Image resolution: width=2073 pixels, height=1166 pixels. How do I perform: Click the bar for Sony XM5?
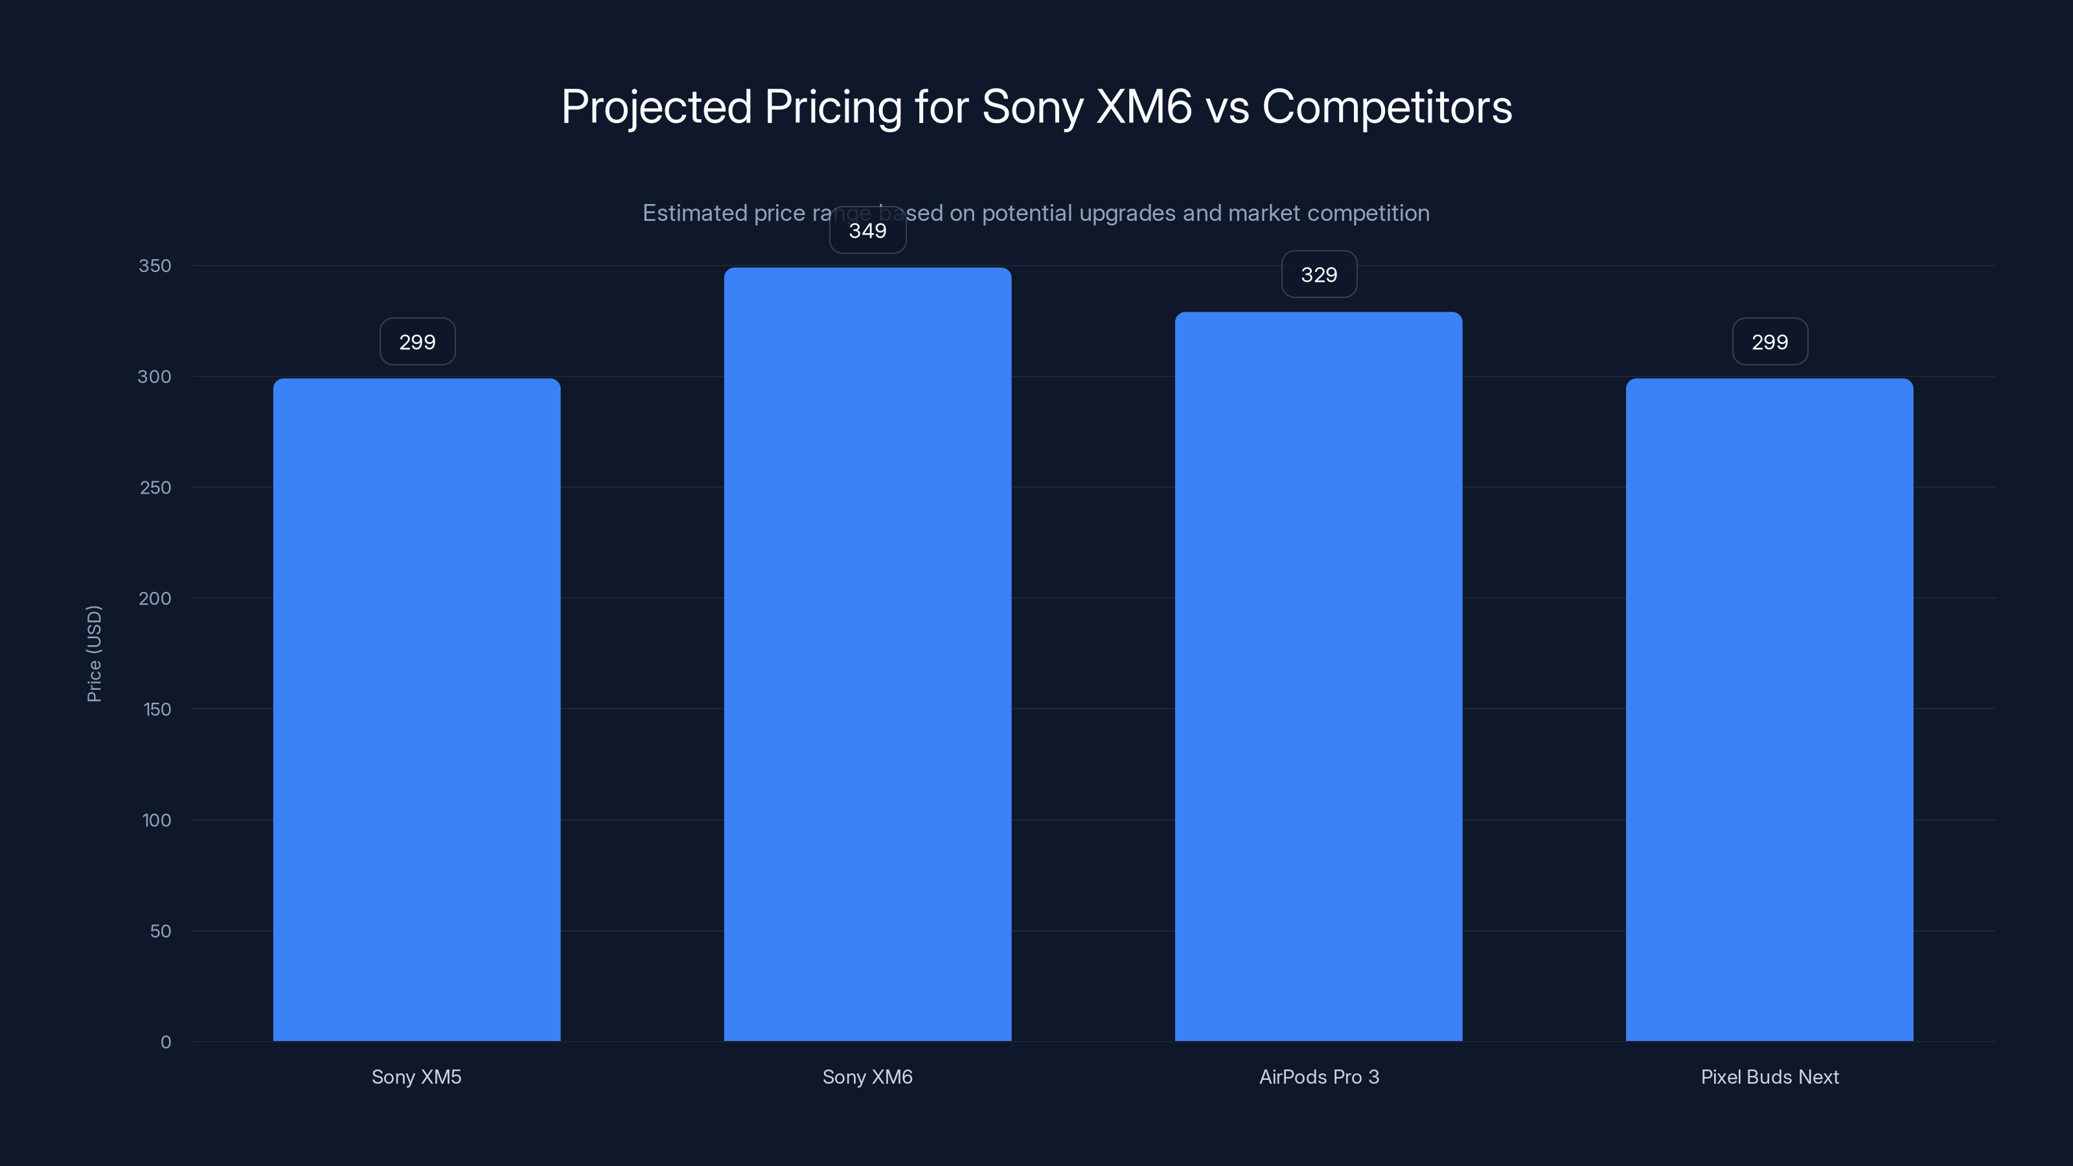click(x=417, y=708)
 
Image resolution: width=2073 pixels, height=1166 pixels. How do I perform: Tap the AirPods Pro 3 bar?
click(x=1318, y=676)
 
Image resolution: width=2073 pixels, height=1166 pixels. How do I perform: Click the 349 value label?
click(x=867, y=231)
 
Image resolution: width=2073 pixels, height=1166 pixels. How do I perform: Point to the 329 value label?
click(x=1319, y=275)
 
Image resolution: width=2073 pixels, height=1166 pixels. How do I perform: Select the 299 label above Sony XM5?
click(x=417, y=342)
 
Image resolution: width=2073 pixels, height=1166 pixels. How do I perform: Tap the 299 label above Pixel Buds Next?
click(x=1770, y=342)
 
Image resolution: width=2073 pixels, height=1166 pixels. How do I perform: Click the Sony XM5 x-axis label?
click(x=416, y=1077)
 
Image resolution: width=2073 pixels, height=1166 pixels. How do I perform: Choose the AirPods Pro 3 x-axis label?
click(x=1319, y=1077)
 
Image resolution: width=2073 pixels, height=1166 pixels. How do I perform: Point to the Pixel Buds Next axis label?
click(x=1770, y=1077)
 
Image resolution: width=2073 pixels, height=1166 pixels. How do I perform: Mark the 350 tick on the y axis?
click(x=155, y=266)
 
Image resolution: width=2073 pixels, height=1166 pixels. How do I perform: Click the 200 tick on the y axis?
click(x=155, y=598)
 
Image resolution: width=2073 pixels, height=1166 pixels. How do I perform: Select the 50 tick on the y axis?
click(x=160, y=931)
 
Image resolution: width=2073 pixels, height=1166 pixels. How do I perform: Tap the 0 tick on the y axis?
click(x=166, y=1042)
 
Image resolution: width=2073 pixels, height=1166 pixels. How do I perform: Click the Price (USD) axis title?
click(x=94, y=654)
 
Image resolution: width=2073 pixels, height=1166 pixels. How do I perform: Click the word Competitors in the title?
click(x=1386, y=106)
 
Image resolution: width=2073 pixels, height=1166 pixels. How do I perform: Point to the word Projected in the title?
click(x=656, y=106)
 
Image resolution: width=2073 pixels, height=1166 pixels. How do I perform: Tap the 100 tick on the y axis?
click(x=156, y=820)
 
